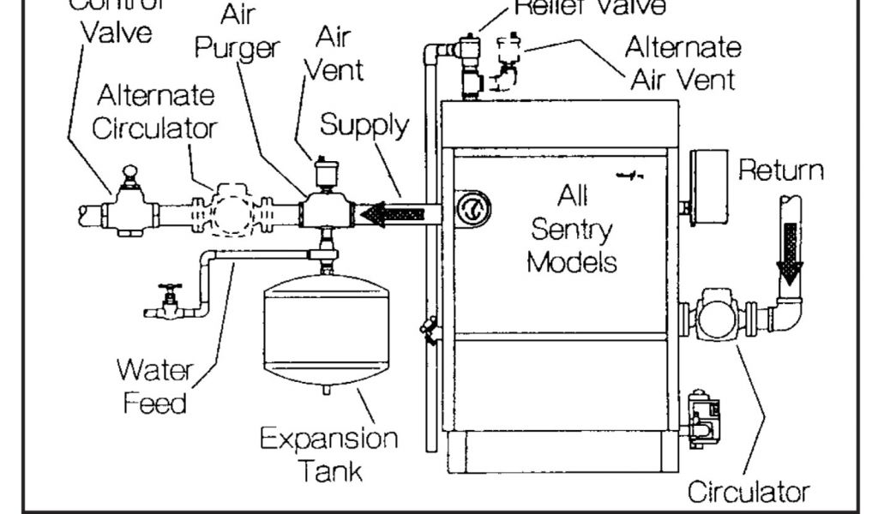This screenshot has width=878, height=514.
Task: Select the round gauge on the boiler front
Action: pos(471,208)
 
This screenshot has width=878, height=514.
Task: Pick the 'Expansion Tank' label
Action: pos(328,455)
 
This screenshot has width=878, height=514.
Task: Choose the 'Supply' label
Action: pos(364,125)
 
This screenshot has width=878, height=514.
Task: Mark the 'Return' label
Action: pos(781,170)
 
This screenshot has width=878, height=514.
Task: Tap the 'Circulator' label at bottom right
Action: pos(748,492)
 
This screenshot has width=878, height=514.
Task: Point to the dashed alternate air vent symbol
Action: pos(510,64)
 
